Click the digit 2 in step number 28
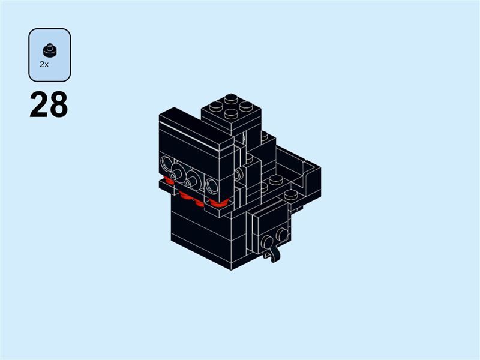click(x=39, y=105)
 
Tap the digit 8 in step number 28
click(x=58, y=105)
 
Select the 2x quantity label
click(x=44, y=64)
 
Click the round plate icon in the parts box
click(x=49, y=49)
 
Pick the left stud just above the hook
click(x=266, y=242)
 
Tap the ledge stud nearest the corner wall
click(x=292, y=195)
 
